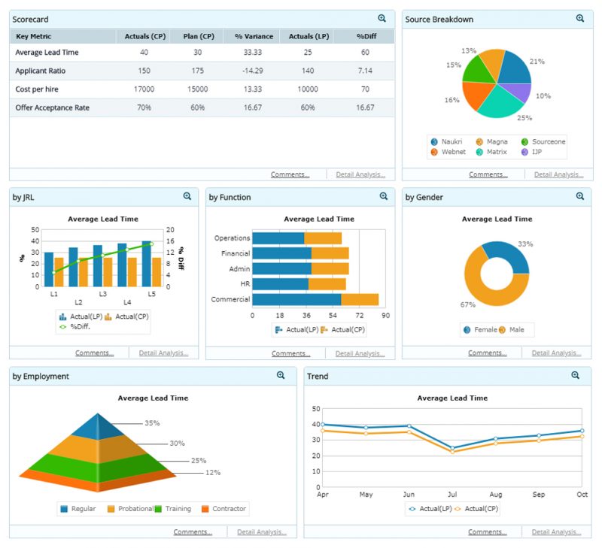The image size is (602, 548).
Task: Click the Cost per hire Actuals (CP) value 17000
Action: pos(144,89)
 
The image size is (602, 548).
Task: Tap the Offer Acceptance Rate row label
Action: pos(52,107)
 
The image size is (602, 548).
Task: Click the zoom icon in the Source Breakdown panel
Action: pos(579,18)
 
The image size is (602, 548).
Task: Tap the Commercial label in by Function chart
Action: pos(230,299)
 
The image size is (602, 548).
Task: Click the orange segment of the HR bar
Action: pos(327,284)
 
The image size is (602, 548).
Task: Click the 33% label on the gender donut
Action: pos(525,244)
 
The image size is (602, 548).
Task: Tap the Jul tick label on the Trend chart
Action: pos(452,495)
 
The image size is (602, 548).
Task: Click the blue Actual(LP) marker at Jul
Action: pos(452,448)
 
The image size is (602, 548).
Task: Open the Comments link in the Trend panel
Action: pos(487,531)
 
